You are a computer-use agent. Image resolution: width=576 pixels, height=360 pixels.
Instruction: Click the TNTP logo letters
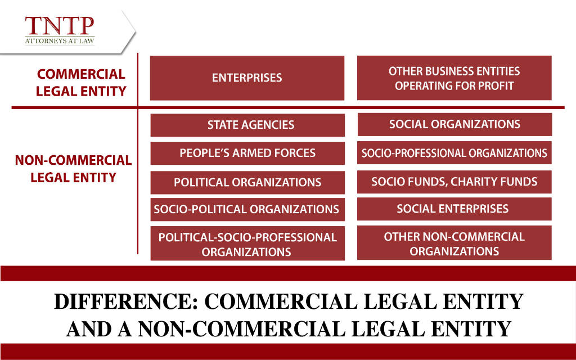[58, 27]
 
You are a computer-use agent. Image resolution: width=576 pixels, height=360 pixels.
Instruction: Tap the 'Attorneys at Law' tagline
[58, 41]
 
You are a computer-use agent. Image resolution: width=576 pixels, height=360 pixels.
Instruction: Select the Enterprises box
[247, 78]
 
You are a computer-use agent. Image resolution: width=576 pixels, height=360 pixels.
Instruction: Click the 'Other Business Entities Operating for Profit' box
[454, 78]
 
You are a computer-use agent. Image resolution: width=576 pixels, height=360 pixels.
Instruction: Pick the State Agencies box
[247, 125]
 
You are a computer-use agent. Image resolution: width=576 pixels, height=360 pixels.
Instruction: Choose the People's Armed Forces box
[247, 153]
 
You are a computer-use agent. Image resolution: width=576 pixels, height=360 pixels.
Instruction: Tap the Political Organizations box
[247, 182]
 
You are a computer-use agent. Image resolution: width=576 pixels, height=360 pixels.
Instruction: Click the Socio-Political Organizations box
[247, 210]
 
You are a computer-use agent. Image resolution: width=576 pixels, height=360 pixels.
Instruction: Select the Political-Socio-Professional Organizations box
[247, 244]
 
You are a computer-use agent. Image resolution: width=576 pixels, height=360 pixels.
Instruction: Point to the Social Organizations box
[454, 124]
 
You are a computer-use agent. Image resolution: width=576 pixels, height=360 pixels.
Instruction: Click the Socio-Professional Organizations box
[454, 153]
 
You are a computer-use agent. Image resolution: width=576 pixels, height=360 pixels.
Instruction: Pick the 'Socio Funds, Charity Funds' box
[454, 182]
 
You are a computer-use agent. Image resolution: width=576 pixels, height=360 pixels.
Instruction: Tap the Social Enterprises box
[454, 209]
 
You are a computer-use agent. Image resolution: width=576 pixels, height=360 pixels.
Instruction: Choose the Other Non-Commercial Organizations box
[454, 244]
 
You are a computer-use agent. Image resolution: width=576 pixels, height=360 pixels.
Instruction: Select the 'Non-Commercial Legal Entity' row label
[73, 169]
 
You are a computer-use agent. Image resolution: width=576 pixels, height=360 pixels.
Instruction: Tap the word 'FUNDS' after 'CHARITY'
[516, 182]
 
